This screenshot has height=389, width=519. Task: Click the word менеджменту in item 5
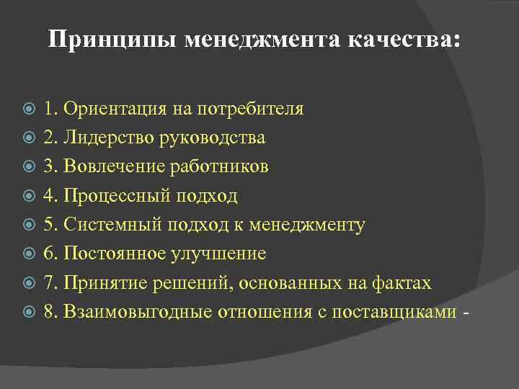(307, 225)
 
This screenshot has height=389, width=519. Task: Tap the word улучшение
(224, 254)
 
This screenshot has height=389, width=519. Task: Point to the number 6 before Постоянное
(48, 254)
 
